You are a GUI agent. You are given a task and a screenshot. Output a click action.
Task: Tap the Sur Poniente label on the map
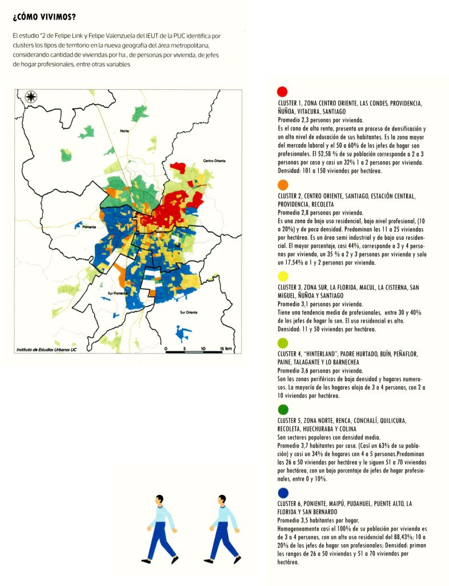coord(118,292)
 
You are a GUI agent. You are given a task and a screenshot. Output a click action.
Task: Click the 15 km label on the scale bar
coord(224,349)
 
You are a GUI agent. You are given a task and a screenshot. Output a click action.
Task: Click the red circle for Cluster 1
coord(282,92)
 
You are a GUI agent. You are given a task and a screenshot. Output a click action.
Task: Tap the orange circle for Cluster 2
coord(282,185)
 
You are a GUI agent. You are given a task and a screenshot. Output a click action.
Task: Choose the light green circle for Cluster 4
coord(282,344)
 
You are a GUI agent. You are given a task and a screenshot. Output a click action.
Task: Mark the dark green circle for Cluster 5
coord(282,410)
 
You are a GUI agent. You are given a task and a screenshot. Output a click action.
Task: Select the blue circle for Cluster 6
coord(282,492)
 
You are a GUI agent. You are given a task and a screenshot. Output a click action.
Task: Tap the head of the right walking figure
coord(223,500)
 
